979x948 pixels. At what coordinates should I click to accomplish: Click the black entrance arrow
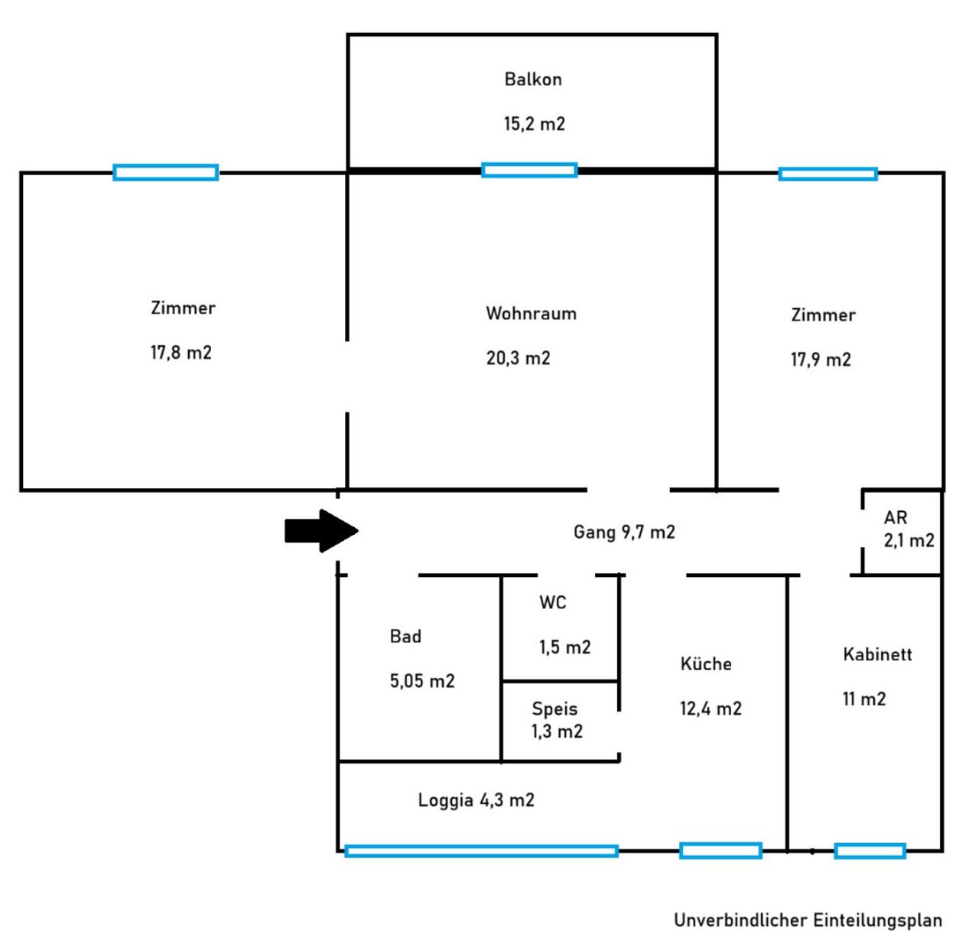[320, 530]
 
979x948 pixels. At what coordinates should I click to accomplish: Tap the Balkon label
[533, 79]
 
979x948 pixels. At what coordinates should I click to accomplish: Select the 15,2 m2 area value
[534, 124]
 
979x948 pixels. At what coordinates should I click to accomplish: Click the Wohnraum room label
[531, 313]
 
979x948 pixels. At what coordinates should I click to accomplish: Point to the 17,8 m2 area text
[181, 353]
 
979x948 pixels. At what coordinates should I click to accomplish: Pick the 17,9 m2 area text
[821, 360]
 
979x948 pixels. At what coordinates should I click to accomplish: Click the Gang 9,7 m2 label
[624, 532]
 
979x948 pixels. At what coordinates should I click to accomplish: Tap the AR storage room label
[896, 518]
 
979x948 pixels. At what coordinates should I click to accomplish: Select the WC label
[552, 603]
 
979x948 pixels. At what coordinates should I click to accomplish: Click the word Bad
[405, 637]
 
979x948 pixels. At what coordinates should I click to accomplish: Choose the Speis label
[555, 709]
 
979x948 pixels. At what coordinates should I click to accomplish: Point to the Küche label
[706, 664]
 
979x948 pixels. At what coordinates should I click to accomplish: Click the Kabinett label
[877, 654]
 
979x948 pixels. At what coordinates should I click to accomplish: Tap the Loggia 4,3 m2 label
[476, 800]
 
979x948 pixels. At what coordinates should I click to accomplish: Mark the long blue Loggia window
[481, 851]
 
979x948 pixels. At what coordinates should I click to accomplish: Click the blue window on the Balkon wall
[529, 170]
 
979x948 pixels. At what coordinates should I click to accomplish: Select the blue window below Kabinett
[870, 851]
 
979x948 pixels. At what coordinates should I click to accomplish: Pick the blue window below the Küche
[720, 850]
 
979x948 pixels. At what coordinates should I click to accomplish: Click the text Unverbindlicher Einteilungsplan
[808, 920]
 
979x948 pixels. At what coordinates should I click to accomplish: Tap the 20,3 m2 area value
[518, 358]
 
